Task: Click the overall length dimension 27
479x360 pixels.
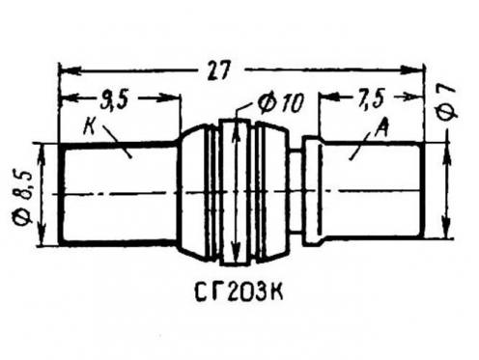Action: (219, 69)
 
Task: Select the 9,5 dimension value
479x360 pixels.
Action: (114, 100)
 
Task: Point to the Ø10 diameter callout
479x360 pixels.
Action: (280, 103)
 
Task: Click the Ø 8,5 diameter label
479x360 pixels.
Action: (24, 197)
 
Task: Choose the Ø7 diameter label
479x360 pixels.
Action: (447, 102)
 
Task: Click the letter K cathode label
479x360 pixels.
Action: (89, 127)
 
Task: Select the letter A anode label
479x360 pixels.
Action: (382, 128)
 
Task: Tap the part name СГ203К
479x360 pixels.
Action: (239, 291)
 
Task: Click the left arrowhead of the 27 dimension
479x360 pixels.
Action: (70, 70)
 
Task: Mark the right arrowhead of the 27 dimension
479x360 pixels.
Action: (411, 69)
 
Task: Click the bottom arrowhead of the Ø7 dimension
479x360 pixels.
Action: (446, 228)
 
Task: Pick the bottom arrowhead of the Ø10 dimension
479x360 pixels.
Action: (236, 253)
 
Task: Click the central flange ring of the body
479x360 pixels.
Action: (236, 192)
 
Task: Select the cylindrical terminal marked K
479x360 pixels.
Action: (119, 194)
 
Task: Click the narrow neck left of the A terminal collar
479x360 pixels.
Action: (296, 191)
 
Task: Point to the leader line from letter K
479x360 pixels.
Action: (117, 141)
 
